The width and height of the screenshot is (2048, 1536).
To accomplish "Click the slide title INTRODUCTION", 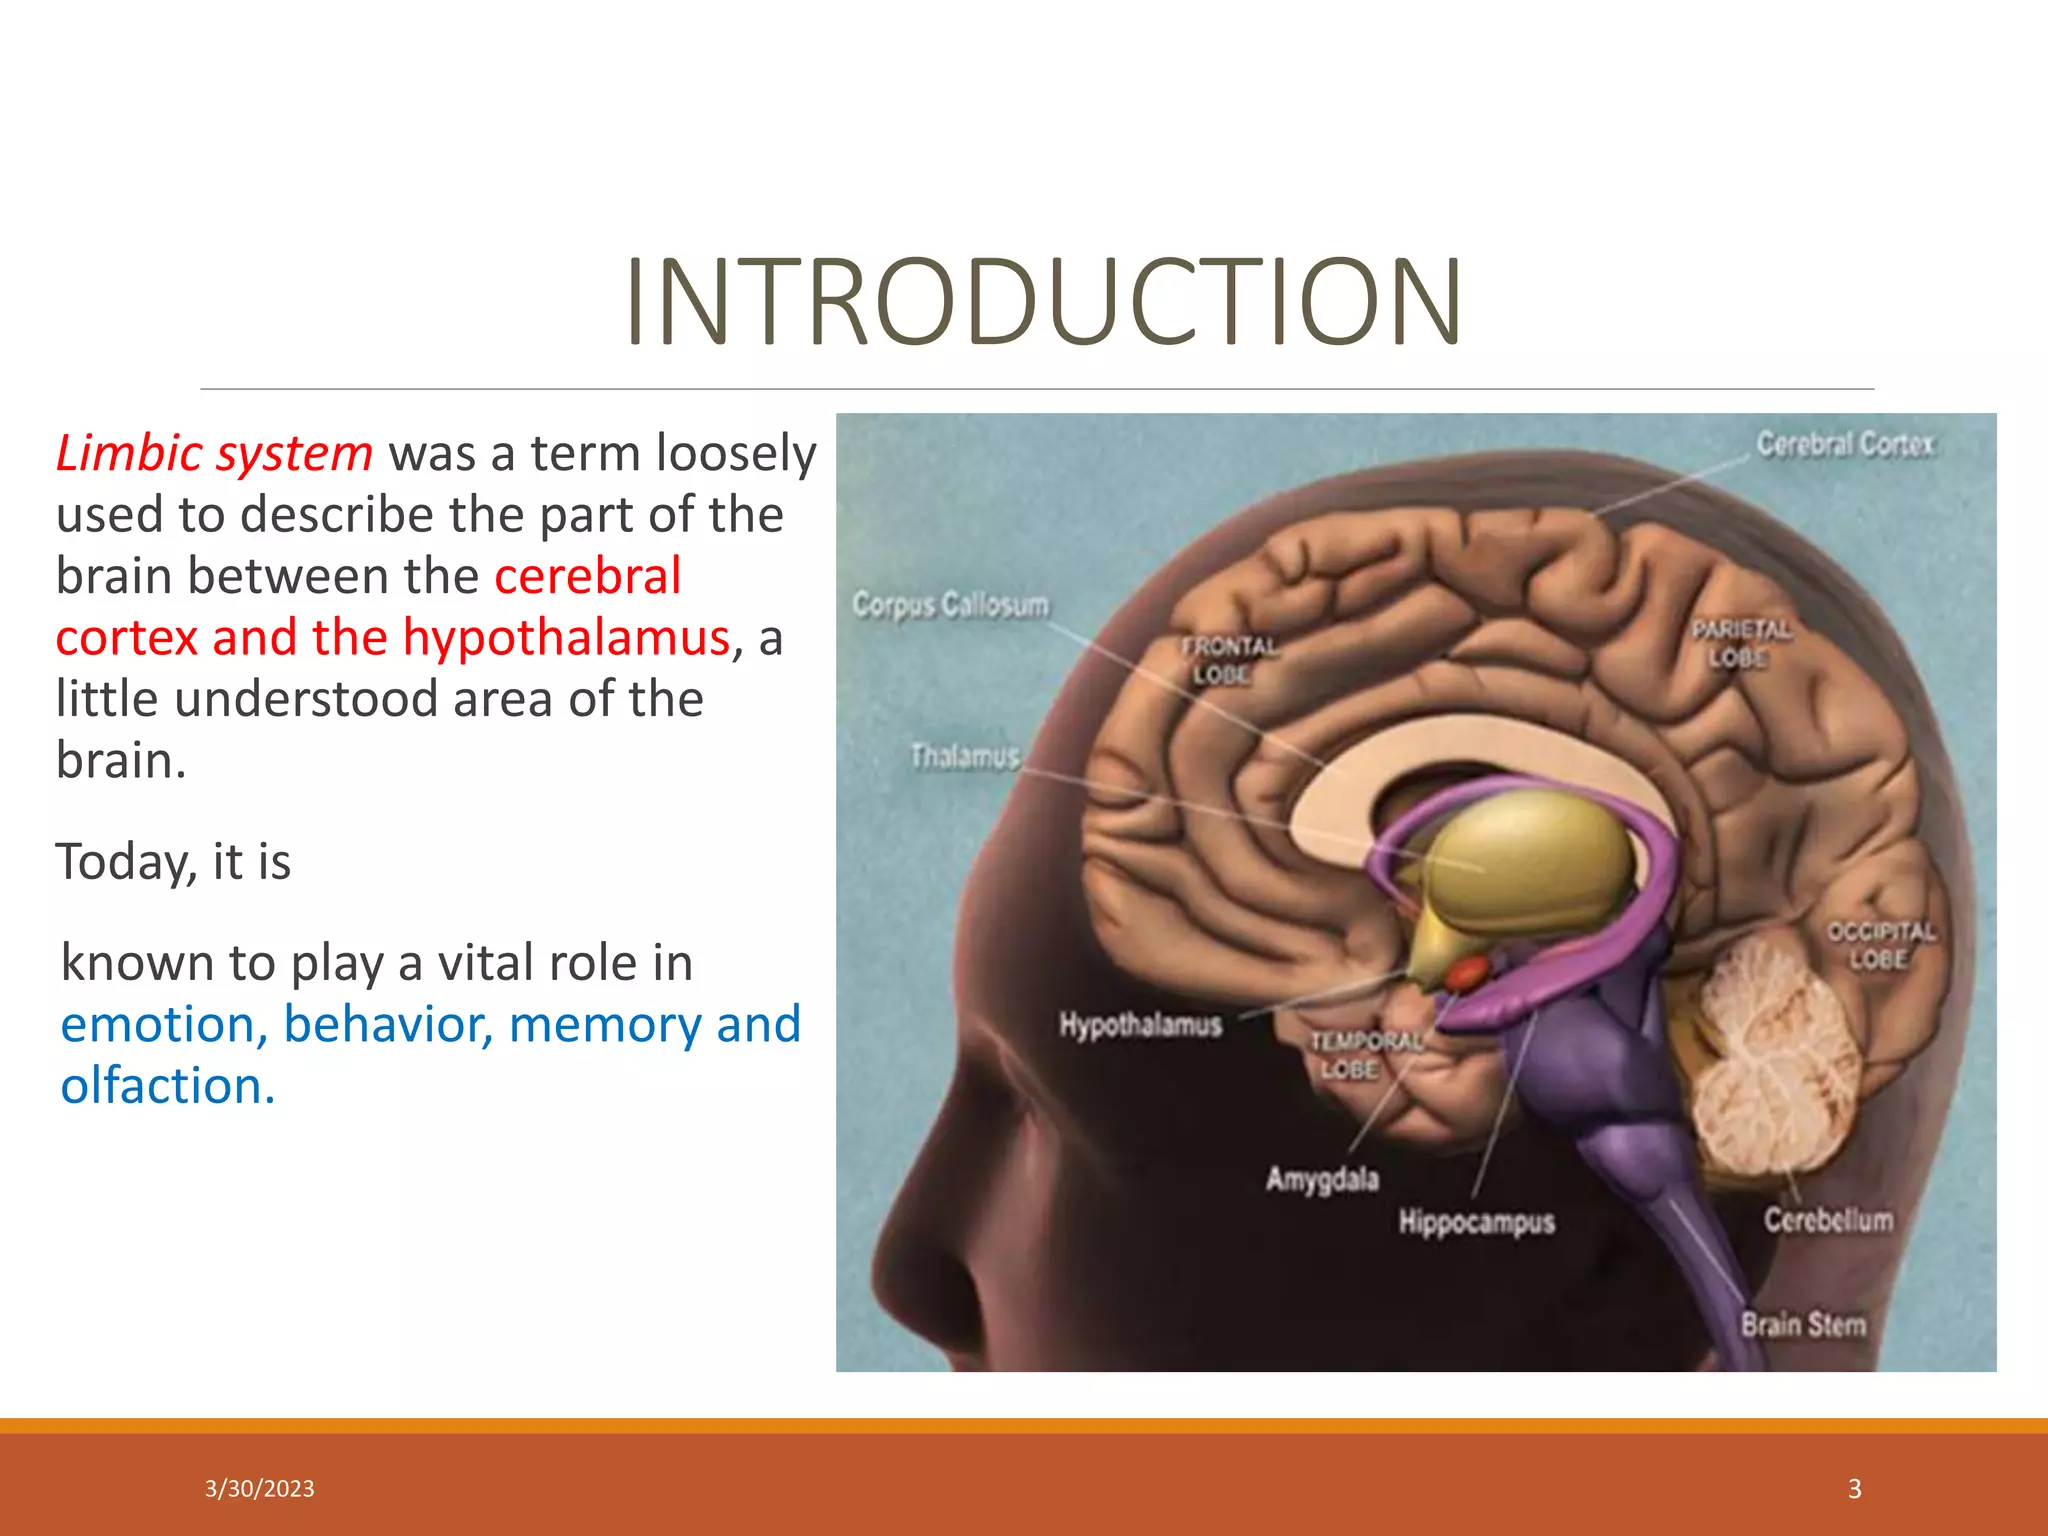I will (x=1043, y=303).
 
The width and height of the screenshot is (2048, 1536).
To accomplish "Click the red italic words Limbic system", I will (x=214, y=453).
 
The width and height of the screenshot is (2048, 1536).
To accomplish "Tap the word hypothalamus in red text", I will (x=566, y=637).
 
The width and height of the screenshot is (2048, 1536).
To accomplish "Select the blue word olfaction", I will (x=166, y=1085).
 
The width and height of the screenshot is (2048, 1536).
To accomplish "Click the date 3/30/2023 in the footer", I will (x=259, y=1488).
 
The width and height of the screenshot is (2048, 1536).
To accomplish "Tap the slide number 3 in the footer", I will (x=1854, y=1488).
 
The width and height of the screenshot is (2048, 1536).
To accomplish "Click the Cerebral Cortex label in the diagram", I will (x=1845, y=444).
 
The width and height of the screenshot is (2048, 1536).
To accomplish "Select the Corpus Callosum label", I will (x=950, y=605).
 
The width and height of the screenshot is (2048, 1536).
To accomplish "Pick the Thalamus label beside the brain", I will (x=964, y=756).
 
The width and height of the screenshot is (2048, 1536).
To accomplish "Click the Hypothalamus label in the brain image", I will (x=1140, y=1025).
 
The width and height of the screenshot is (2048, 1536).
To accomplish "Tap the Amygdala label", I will (x=1322, y=1179).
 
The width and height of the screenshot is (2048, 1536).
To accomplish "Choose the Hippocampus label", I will (x=1476, y=1221).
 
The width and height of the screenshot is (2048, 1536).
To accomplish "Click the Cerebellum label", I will (x=1828, y=1220).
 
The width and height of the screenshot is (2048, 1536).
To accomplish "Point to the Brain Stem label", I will (x=1803, y=1325).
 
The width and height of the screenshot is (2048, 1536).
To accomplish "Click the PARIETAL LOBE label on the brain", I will (x=1740, y=643).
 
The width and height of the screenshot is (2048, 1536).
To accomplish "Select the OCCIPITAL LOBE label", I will (x=1880, y=945).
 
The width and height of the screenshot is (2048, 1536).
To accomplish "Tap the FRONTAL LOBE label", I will (x=1226, y=660).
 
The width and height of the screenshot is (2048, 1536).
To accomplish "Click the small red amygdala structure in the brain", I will (x=1467, y=971).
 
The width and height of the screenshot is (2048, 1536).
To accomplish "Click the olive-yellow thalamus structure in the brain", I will (x=1530, y=860).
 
